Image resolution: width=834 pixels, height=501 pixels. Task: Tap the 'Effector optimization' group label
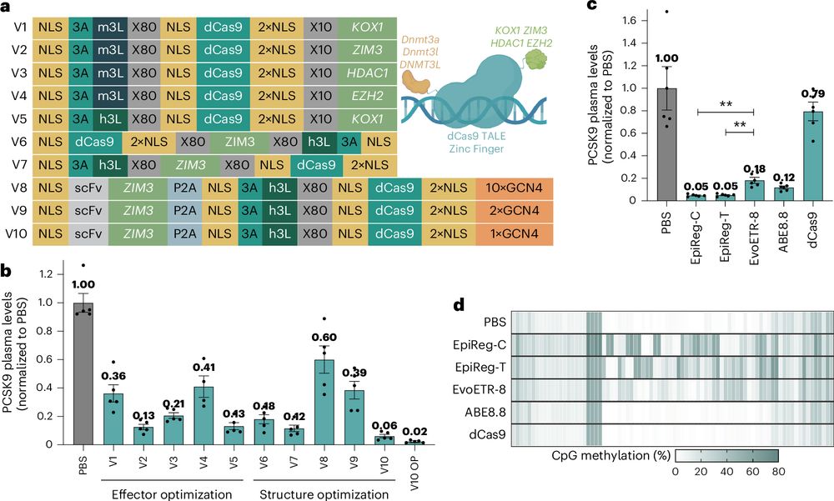click(x=172, y=493)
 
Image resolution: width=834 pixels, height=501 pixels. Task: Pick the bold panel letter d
click(x=459, y=305)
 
